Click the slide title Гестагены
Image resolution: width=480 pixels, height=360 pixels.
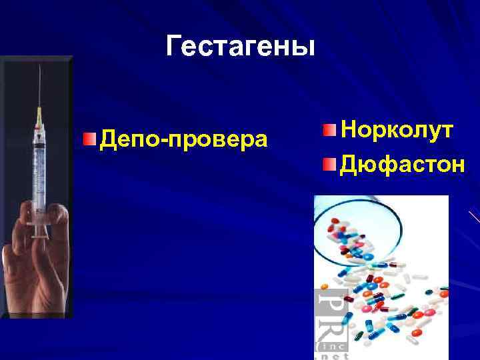coord(239,46)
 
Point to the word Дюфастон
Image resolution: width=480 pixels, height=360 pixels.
coord(402,163)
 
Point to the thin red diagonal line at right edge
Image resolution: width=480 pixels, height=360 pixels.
coord(473,217)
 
